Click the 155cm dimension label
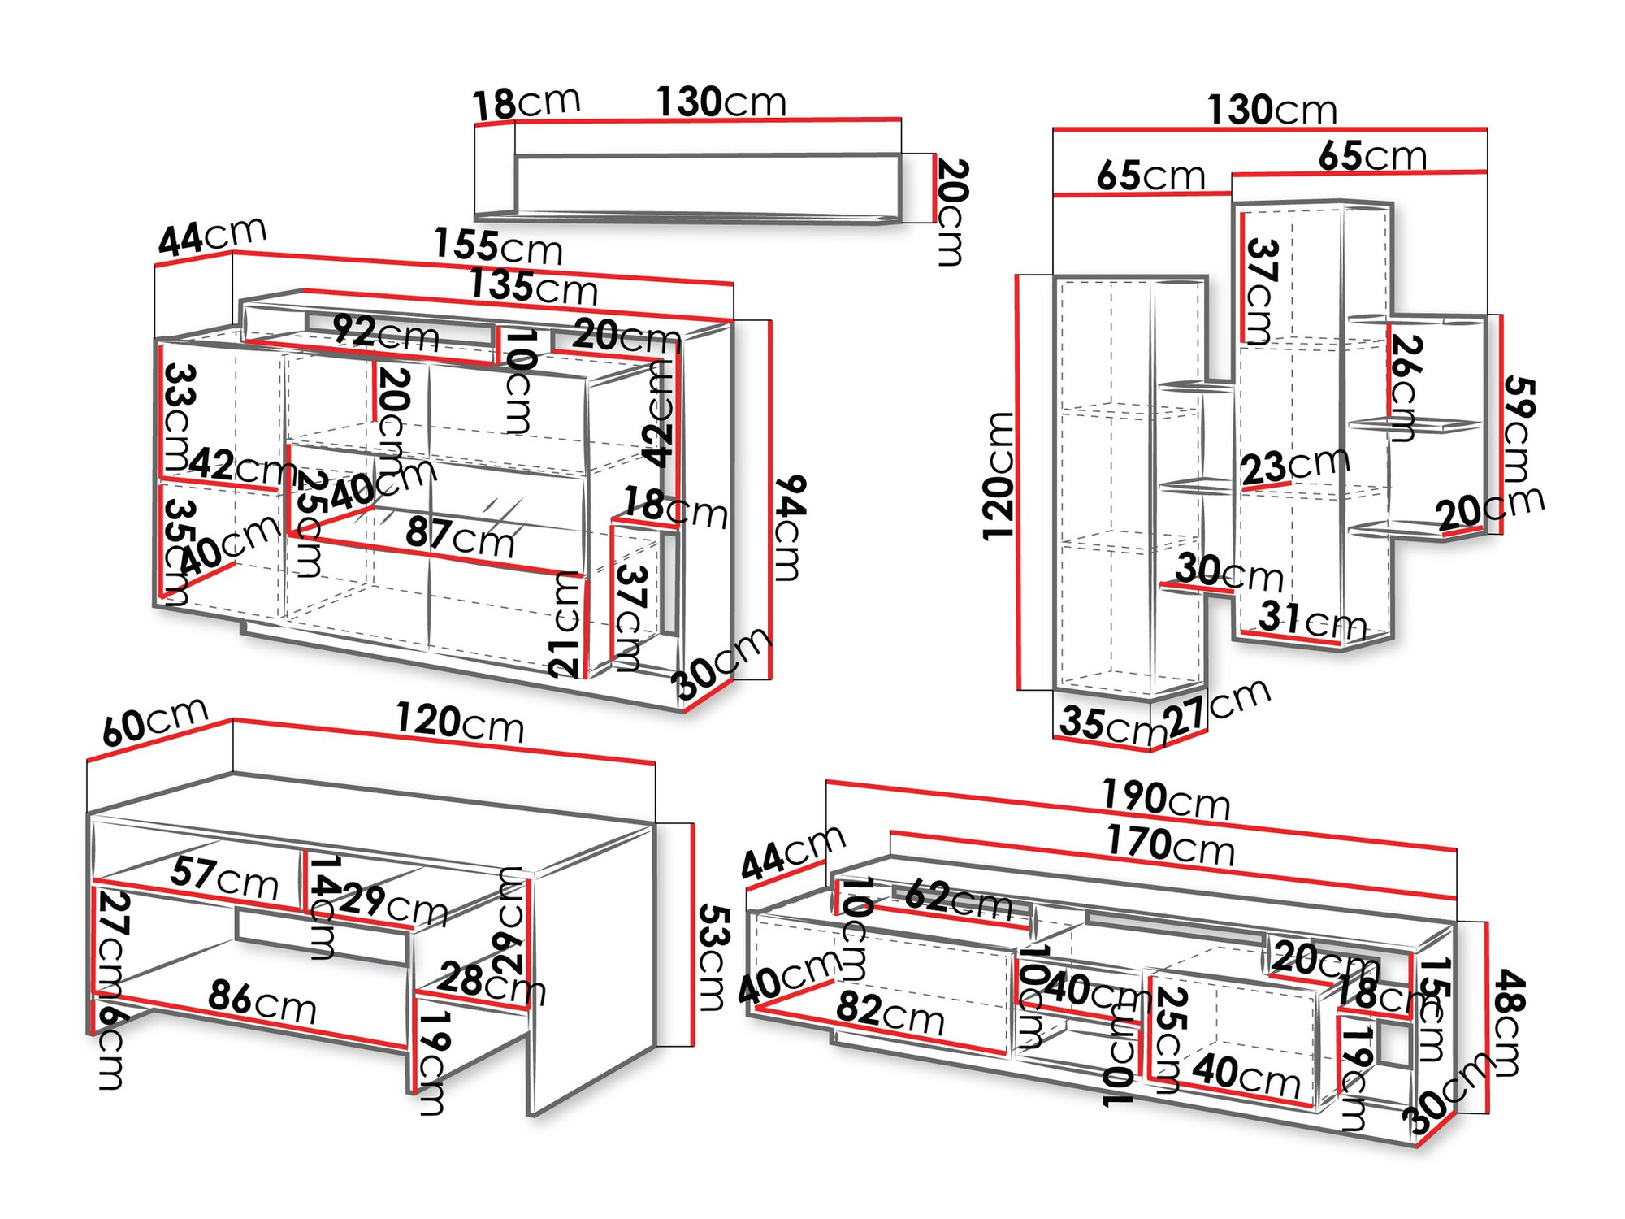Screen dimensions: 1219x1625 [x=497, y=246]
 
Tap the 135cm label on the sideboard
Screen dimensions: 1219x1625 [x=533, y=287]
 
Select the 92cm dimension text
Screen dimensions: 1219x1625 [x=386, y=333]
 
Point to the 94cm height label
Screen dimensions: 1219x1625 [x=789, y=527]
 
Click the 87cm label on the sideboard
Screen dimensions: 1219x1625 [x=460, y=536]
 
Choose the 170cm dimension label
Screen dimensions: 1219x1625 [x=1170, y=844]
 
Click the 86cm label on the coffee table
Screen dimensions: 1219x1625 [x=262, y=1001]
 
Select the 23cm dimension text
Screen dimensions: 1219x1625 [x=1295, y=466]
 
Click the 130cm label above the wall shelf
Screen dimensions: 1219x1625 [x=721, y=102]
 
